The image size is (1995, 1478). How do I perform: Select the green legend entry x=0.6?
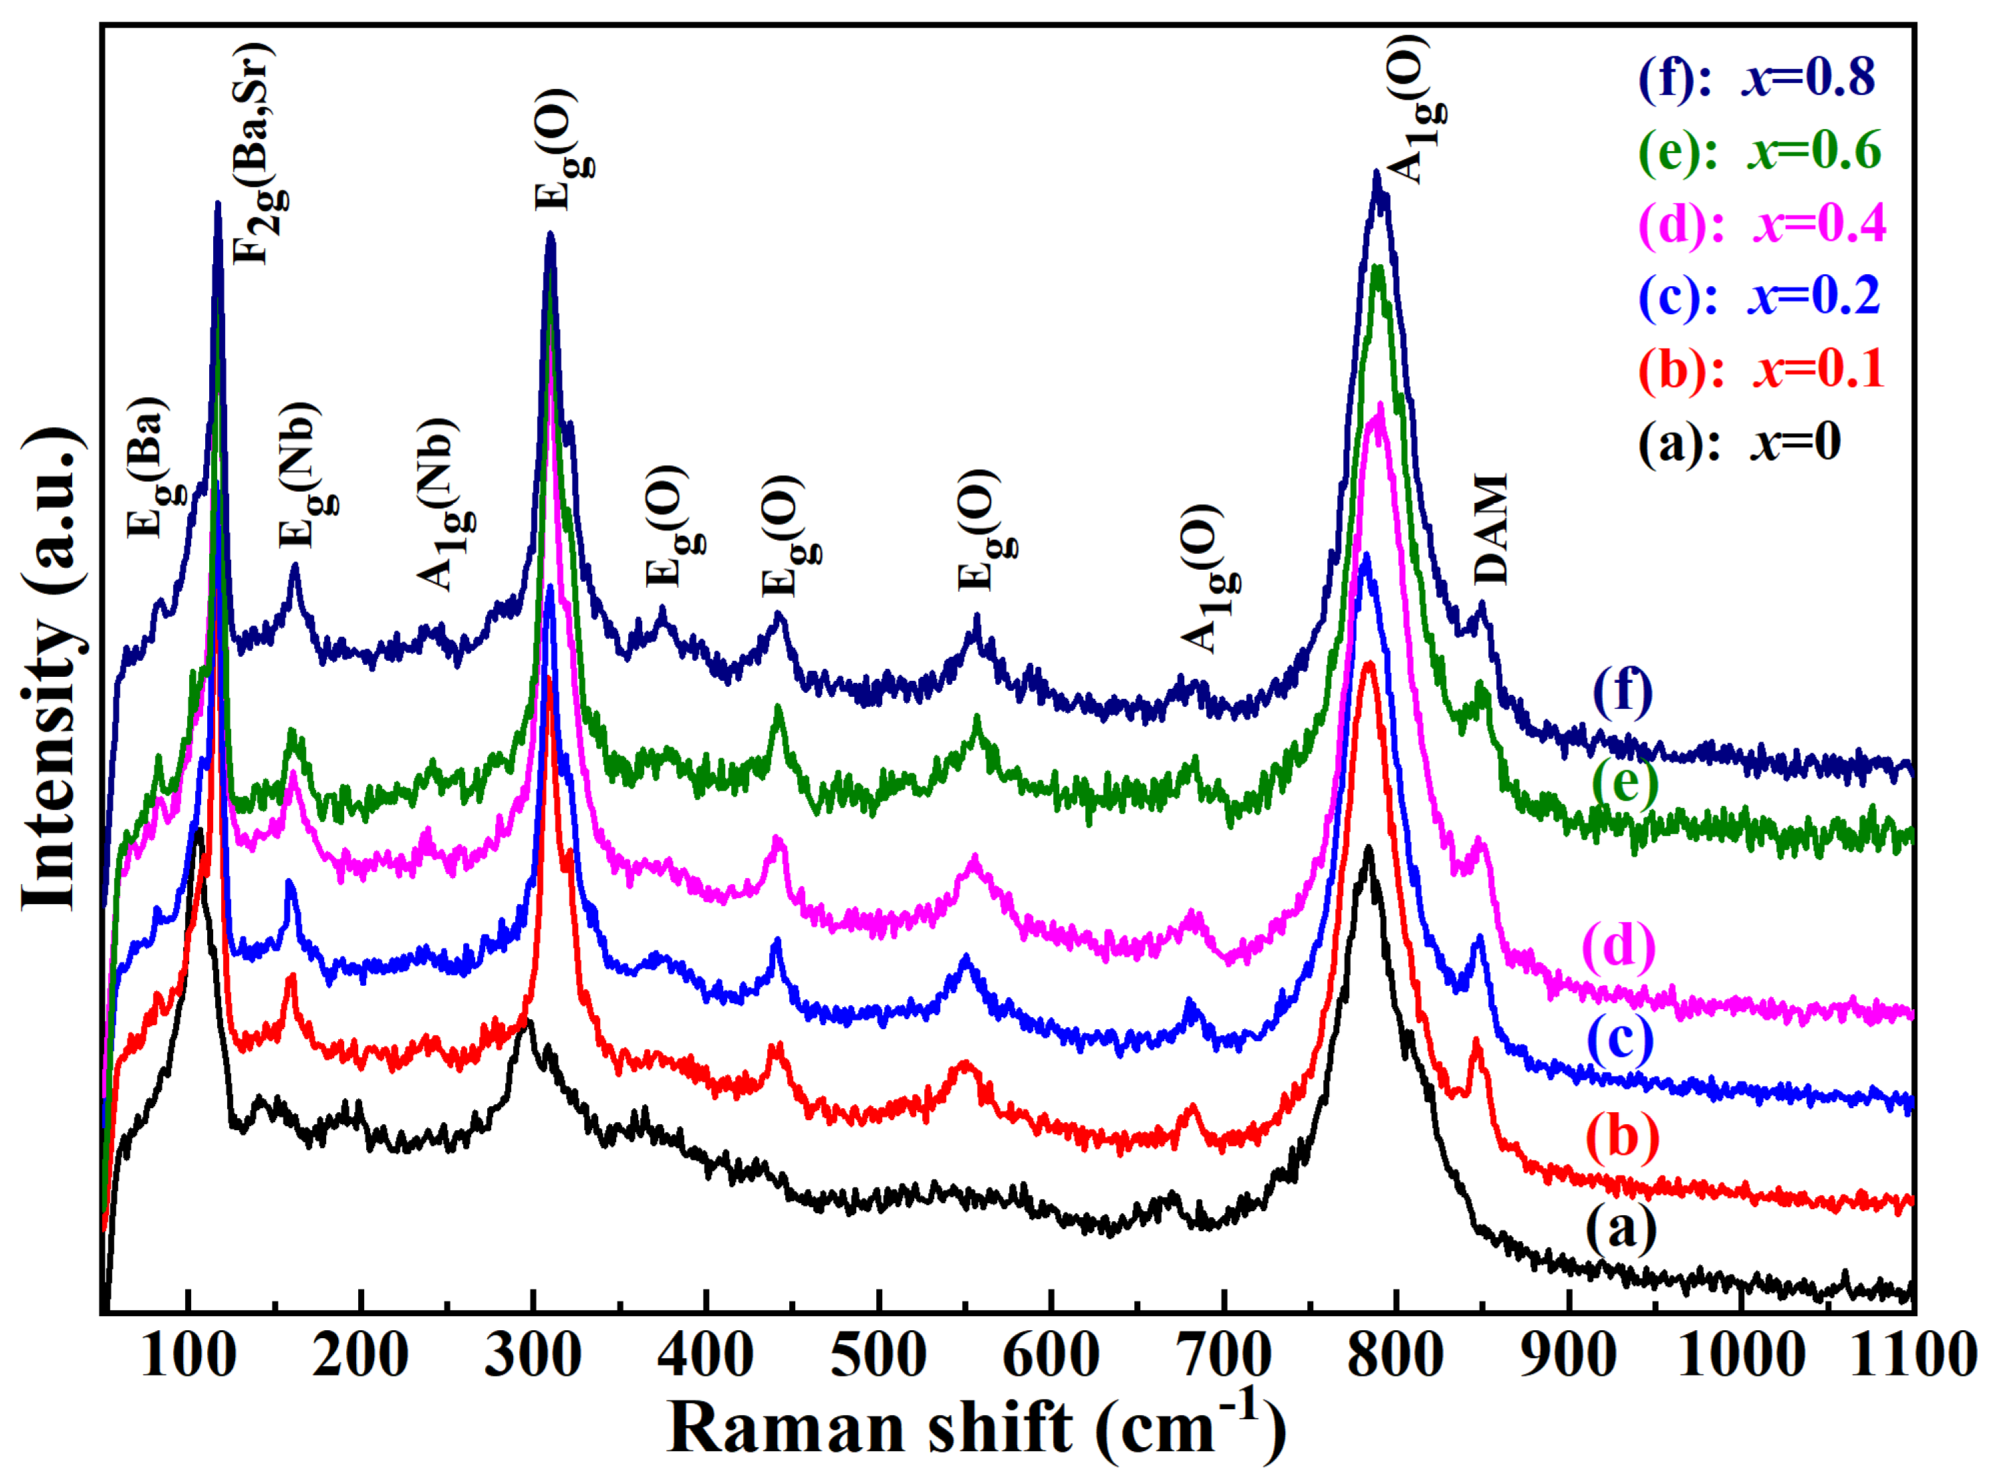tap(1759, 150)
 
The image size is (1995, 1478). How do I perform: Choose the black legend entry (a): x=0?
tap(1738, 442)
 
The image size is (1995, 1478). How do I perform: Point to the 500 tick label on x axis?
tap(878, 1356)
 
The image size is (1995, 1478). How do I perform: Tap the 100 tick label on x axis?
tap(188, 1356)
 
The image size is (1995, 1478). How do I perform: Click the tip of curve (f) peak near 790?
tap(1376, 175)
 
